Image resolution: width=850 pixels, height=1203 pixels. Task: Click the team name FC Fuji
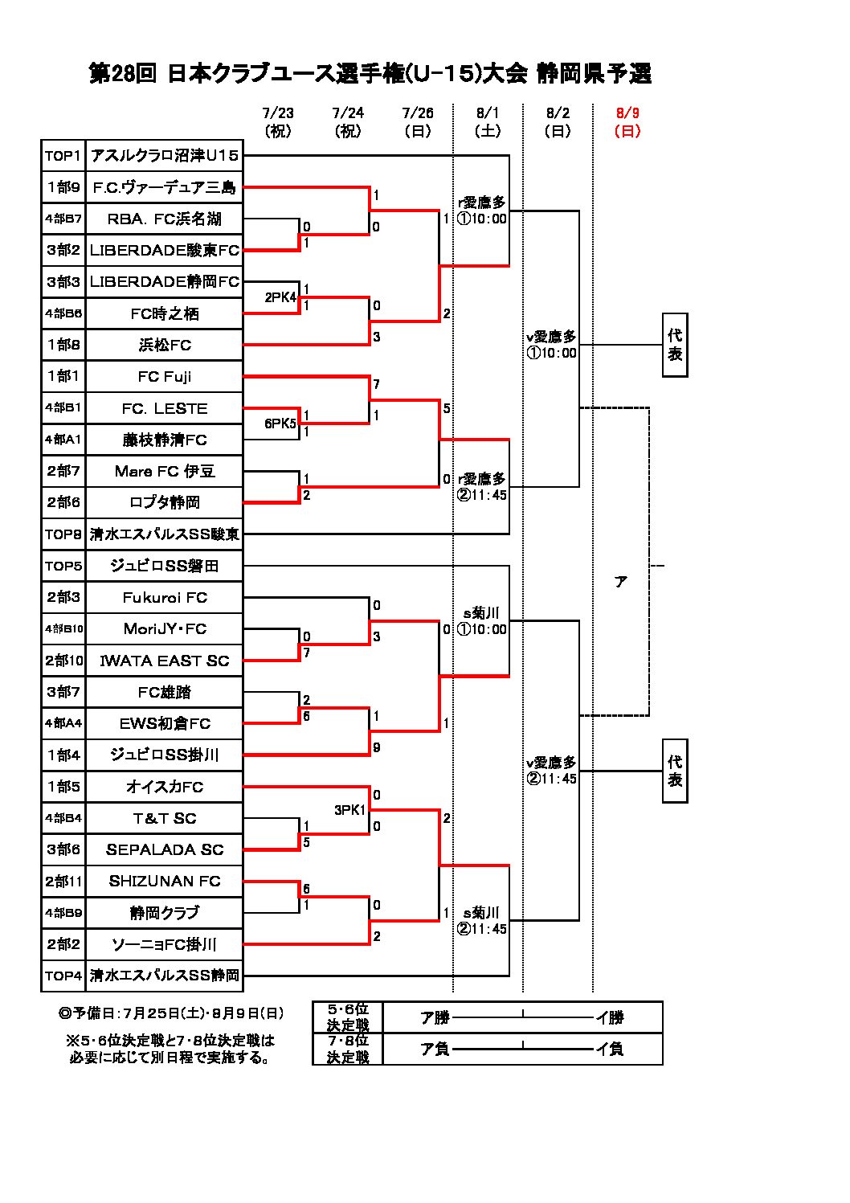[164, 377]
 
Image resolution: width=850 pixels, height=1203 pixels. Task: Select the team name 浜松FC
[164, 346]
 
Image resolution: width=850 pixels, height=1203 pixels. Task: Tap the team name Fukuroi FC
[164, 598]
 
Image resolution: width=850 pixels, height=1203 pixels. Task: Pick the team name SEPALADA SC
[164, 850]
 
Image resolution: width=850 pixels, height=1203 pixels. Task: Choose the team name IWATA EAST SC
[164, 661]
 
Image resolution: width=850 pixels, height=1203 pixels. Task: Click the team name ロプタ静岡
[164, 503]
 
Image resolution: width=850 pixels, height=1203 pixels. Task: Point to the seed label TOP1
[63, 156]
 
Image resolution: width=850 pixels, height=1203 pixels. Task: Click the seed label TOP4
[63, 976]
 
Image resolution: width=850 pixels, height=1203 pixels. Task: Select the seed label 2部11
[63, 882]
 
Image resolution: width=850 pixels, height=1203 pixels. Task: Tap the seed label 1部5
[63, 787]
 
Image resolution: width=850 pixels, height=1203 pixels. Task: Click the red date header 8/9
[627, 113]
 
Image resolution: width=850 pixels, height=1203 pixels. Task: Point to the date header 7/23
[278, 113]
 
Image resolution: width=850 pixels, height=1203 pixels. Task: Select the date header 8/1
[488, 113]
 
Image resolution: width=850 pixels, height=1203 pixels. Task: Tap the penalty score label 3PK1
[350, 810]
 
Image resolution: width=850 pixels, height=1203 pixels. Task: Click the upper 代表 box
[675, 345]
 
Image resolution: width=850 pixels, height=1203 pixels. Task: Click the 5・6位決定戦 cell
[348, 1017]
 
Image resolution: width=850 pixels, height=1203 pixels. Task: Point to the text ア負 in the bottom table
[435, 1049]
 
